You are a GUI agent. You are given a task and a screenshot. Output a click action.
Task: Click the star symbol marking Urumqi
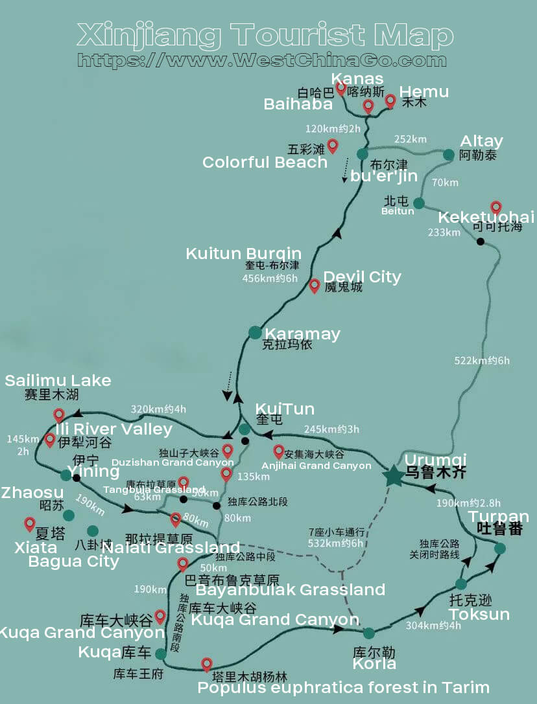click(393, 476)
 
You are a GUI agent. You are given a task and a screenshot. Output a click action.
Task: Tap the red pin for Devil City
click(315, 285)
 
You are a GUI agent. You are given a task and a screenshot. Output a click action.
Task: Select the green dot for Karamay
click(255, 332)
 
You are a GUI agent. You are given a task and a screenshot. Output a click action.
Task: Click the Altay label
click(481, 141)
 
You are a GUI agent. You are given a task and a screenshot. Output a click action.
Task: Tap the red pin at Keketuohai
click(496, 208)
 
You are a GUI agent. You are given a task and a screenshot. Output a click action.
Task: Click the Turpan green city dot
click(499, 549)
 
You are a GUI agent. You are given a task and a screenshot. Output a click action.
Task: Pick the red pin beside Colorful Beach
click(333, 146)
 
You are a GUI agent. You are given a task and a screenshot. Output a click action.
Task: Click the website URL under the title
click(262, 60)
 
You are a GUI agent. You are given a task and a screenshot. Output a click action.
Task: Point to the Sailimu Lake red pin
click(59, 415)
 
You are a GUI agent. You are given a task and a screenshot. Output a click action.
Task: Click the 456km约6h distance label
click(270, 278)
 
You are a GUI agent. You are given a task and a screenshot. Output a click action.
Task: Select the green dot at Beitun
click(419, 203)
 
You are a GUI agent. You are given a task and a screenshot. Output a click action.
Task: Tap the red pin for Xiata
click(30, 524)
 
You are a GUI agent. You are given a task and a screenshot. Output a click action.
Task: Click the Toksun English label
click(479, 614)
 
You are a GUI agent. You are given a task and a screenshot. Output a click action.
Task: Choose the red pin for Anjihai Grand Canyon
click(279, 451)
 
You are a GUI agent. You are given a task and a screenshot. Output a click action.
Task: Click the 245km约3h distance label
click(331, 429)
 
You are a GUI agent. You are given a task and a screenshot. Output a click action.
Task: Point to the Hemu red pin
click(390, 101)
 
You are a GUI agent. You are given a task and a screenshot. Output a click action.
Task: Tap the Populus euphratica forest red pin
click(207, 664)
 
